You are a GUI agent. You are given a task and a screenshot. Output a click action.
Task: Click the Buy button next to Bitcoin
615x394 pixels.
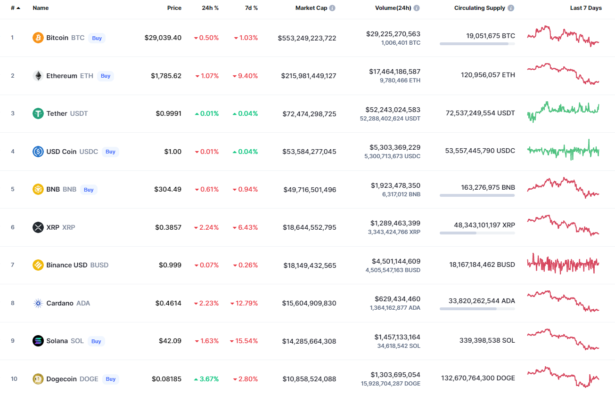97,38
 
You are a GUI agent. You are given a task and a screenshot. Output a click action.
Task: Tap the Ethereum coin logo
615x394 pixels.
38,76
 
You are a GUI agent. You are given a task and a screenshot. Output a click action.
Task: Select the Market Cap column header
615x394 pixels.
311,8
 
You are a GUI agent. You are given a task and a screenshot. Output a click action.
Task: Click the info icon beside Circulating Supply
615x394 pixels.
511,8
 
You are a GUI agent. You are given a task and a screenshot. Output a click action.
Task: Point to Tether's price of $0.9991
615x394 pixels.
168,113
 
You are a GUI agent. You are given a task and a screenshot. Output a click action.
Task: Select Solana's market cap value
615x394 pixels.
309,341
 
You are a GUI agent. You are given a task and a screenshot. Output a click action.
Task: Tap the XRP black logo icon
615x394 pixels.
38,227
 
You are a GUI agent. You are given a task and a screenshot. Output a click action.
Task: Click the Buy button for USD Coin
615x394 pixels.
110,152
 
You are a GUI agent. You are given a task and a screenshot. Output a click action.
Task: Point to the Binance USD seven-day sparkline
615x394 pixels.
563,264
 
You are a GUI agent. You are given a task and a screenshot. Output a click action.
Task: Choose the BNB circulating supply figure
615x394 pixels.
488,187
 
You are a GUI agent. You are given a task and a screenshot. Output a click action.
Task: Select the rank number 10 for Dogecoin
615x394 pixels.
14,379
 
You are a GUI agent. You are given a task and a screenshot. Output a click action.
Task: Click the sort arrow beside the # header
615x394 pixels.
18,8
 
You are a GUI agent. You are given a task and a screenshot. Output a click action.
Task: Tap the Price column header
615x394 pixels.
174,8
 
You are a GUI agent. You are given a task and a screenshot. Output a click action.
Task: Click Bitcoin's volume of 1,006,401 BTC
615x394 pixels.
401,43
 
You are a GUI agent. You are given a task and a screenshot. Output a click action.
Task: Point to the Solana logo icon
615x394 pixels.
38,341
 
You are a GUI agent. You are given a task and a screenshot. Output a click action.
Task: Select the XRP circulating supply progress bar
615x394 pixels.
477,233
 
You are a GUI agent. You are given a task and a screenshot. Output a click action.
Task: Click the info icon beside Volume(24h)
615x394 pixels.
417,8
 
